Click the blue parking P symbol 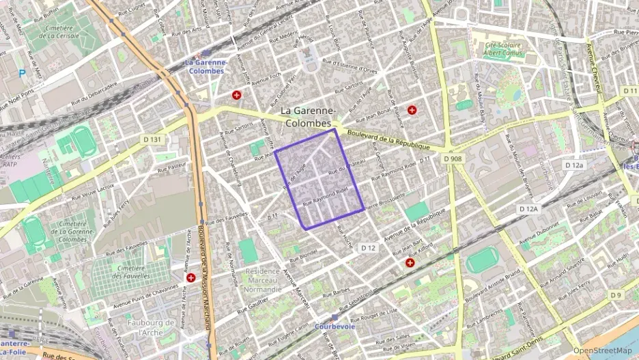(x=22, y=73)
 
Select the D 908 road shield (x=452, y=158)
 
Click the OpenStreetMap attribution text (x=602, y=351)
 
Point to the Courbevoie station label (x=335, y=326)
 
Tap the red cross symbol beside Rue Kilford (x=410, y=262)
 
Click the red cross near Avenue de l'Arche (x=191, y=277)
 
